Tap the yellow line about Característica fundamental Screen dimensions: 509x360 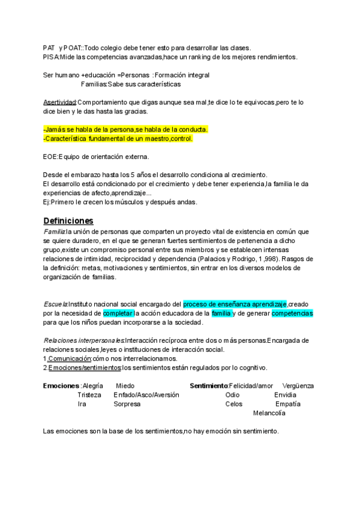118,139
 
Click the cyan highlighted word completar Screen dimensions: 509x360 118,313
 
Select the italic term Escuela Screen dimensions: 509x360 55,304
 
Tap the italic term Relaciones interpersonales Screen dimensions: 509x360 83,340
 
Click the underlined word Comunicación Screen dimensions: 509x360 70,358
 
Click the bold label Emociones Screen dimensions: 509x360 61,385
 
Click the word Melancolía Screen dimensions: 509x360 269,413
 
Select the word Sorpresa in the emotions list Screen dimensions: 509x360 127,404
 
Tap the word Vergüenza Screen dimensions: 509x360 298,385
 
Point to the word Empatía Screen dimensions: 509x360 288,404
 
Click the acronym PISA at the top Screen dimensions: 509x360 50,56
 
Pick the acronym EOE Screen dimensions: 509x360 50,157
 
